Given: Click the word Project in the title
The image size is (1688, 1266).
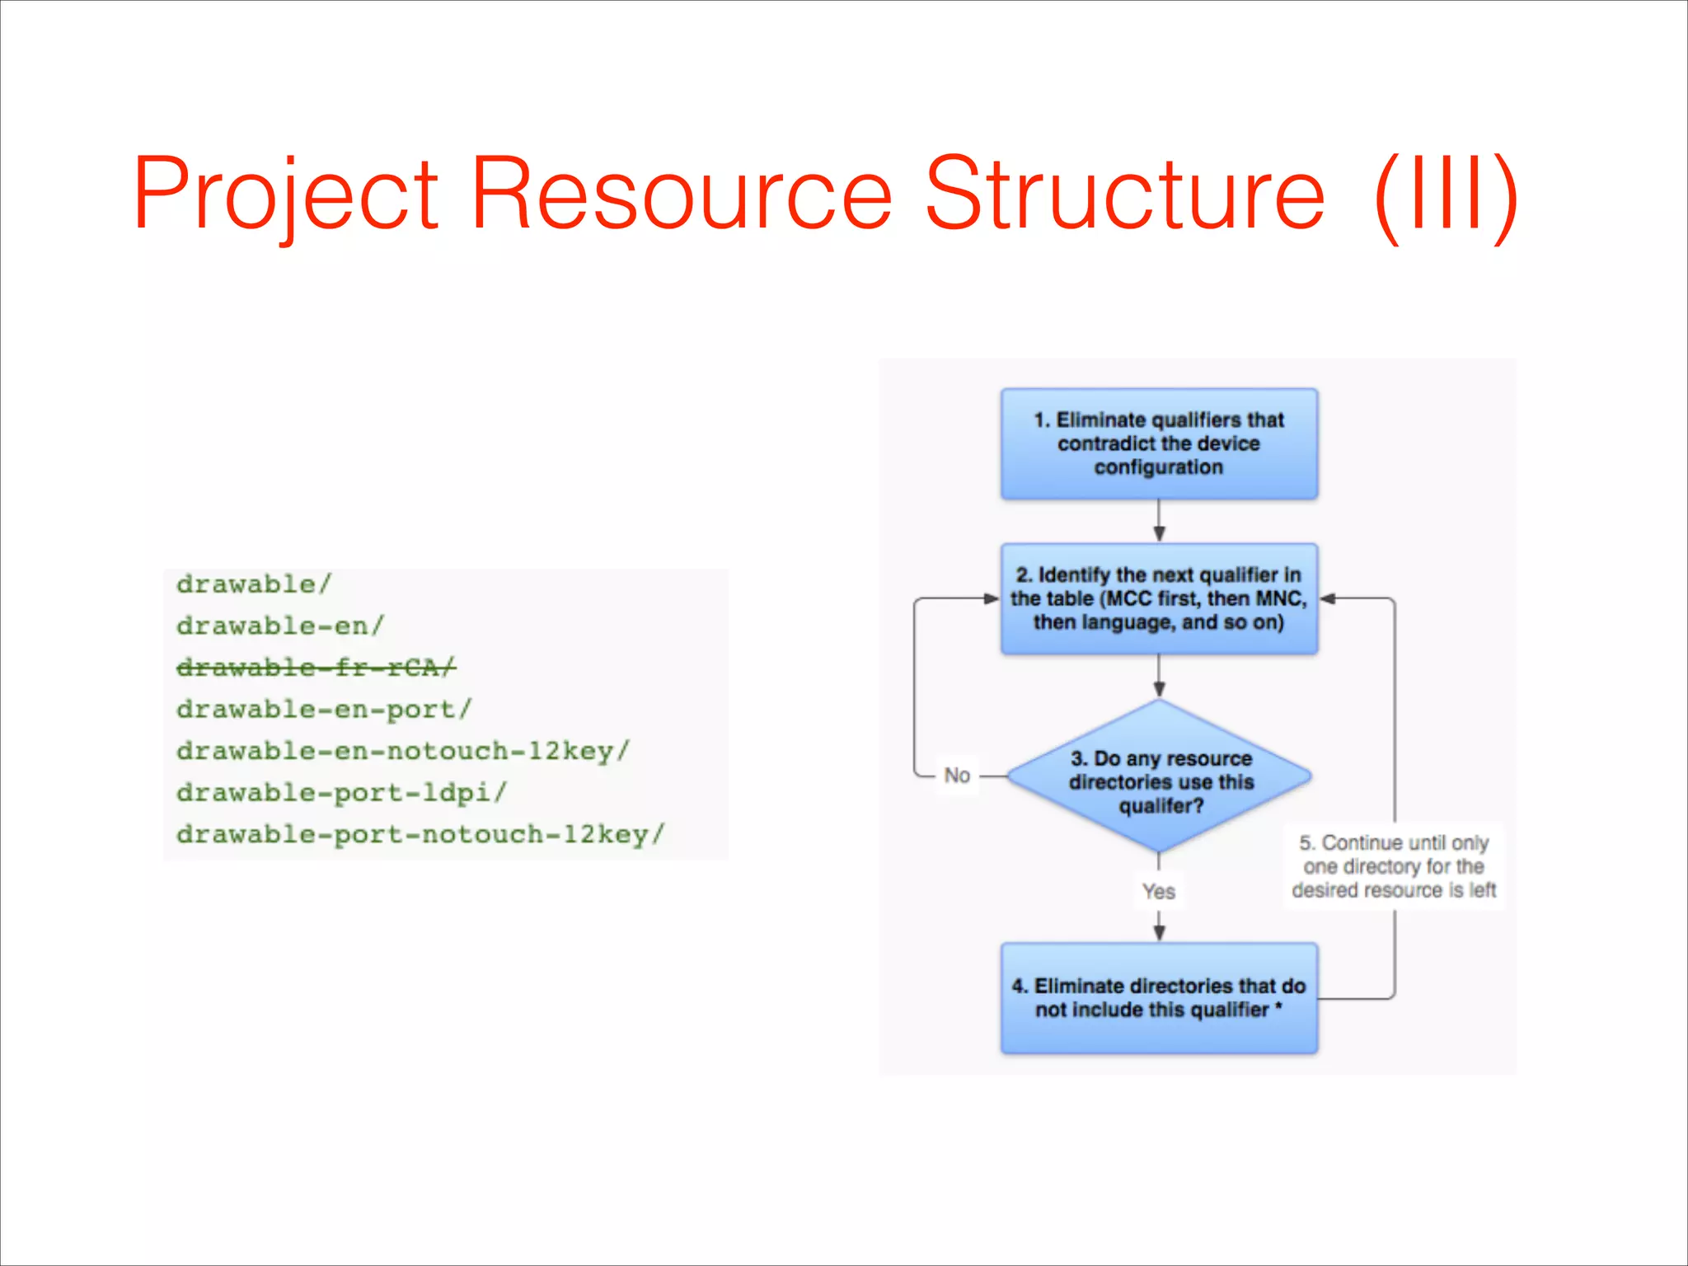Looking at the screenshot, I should click(x=285, y=195).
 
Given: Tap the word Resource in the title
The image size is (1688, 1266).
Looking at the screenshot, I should click(x=681, y=195).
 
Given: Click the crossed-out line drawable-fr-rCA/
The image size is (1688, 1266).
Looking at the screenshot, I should click(x=316, y=667).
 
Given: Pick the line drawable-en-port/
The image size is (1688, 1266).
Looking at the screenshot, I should click(x=324, y=709).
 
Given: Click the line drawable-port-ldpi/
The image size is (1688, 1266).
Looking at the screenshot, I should click(x=341, y=792).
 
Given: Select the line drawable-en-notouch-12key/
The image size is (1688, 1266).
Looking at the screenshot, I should click(x=403, y=751).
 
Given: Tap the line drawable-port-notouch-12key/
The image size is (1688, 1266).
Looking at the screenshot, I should click(x=420, y=834).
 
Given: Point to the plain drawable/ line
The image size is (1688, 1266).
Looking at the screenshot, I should click(x=254, y=584).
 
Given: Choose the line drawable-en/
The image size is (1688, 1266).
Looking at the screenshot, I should click(x=280, y=626).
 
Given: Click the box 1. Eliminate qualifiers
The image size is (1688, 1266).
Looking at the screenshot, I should click(x=1159, y=443).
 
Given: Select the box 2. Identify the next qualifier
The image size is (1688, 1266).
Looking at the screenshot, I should click(x=1159, y=598).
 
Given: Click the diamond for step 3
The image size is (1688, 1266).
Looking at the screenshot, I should click(x=1159, y=777).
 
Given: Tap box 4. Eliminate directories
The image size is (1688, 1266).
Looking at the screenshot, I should click(x=1159, y=997).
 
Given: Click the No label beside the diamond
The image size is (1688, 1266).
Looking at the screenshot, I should click(x=957, y=776).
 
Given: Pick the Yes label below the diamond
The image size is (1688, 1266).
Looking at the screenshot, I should click(x=1159, y=891).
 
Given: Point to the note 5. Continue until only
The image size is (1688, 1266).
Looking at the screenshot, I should click(x=1394, y=866).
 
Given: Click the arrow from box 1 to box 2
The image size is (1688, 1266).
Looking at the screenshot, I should click(x=1159, y=521).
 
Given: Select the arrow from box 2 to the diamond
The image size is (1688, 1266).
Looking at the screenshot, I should click(x=1159, y=676).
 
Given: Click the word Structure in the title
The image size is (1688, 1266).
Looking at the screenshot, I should click(x=1124, y=195).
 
